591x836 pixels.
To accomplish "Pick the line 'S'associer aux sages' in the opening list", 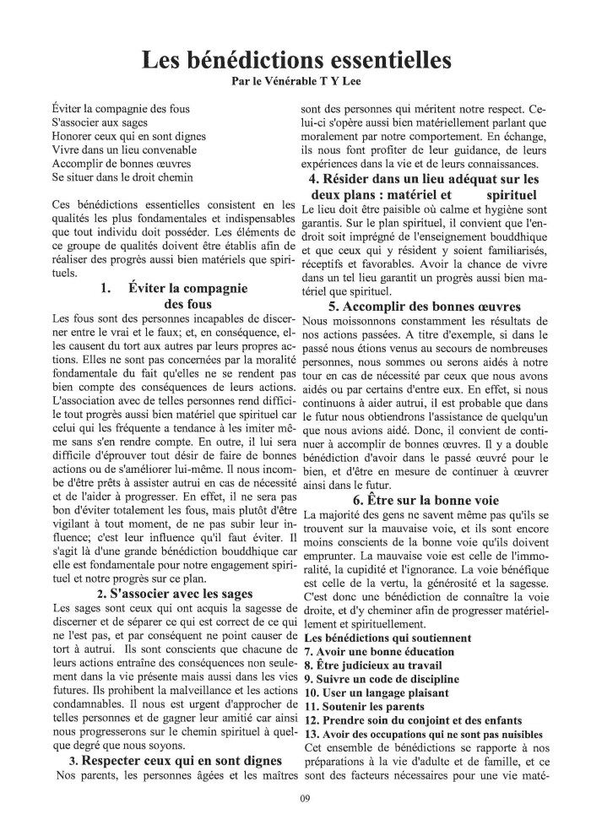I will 100,123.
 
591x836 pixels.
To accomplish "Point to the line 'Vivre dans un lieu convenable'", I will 122,150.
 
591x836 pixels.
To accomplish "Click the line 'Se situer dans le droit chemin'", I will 122,177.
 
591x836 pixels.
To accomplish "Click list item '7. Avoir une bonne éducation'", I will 378,651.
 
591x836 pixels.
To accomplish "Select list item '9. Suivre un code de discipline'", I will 381,678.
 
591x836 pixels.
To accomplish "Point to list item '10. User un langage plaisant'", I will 375,692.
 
